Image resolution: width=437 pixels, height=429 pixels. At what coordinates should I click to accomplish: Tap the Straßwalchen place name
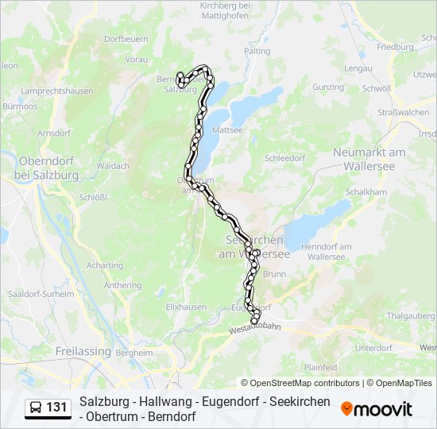(x=403, y=113)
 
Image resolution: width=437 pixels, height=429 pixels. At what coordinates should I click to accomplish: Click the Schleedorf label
(x=285, y=158)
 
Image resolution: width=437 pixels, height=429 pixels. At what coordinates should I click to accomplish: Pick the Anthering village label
(x=122, y=285)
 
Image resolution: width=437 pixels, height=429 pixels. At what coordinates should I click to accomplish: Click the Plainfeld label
(x=321, y=368)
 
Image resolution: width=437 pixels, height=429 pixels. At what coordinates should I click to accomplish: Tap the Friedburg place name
(x=396, y=47)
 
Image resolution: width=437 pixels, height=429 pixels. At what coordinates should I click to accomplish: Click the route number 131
(x=56, y=408)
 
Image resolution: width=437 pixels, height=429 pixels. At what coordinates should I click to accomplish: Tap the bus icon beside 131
(x=36, y=408)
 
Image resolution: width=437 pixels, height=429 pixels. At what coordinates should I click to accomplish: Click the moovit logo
(x=377, y=409)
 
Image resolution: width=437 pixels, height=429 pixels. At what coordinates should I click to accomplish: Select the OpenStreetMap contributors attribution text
(x=300, y=383)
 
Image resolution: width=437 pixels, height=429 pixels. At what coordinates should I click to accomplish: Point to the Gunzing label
(x=328, y=87)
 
